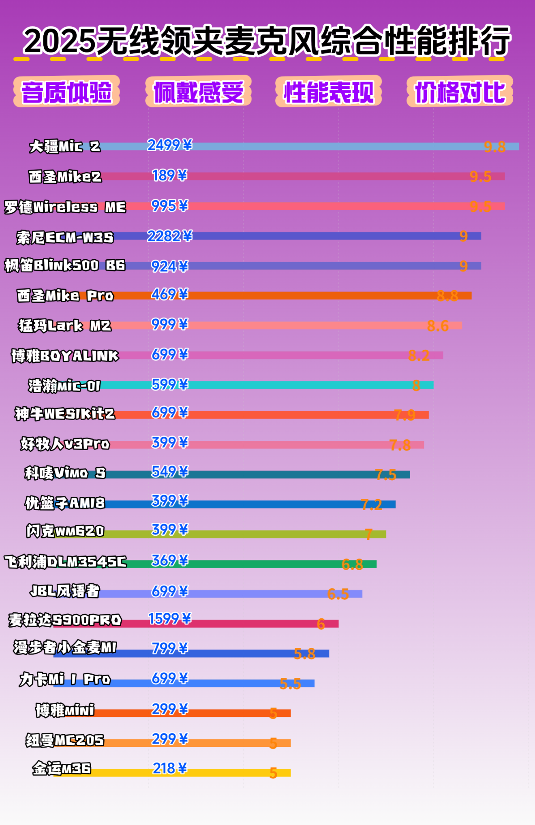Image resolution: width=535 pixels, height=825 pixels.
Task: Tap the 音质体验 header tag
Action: [x=66, y=92]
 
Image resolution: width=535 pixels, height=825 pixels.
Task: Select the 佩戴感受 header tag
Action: [x=198, y=92]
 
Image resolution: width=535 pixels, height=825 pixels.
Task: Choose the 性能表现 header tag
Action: [x=329, y=92]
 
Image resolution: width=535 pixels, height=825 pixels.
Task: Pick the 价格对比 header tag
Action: [x=460, y=92]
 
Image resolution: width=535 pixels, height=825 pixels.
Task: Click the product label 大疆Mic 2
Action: [x=65, y=146]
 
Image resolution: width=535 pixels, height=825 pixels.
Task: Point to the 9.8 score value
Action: [x=494, y=147]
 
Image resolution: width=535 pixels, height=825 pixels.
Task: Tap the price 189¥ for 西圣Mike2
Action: [x=169, y=175]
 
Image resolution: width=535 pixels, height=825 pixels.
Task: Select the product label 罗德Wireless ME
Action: [x=65, y=207]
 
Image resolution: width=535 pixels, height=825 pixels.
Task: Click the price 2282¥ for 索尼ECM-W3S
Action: [x=169, y=236]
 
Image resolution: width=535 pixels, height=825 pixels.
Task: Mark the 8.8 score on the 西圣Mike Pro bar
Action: [x=447, y=296]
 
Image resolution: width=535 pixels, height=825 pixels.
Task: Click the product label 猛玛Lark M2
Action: [x=65, y=326]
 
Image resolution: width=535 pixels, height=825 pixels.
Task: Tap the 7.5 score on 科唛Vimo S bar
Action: [x=385, y=474]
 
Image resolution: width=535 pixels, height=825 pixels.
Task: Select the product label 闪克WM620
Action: [x=65, y=531]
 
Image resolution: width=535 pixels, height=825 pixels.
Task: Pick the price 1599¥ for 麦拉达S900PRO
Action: [x=169, y=619]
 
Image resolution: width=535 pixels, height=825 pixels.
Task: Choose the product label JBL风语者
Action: [x=65, y=591]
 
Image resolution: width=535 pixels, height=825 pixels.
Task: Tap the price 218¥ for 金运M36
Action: [x=169, y=768]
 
